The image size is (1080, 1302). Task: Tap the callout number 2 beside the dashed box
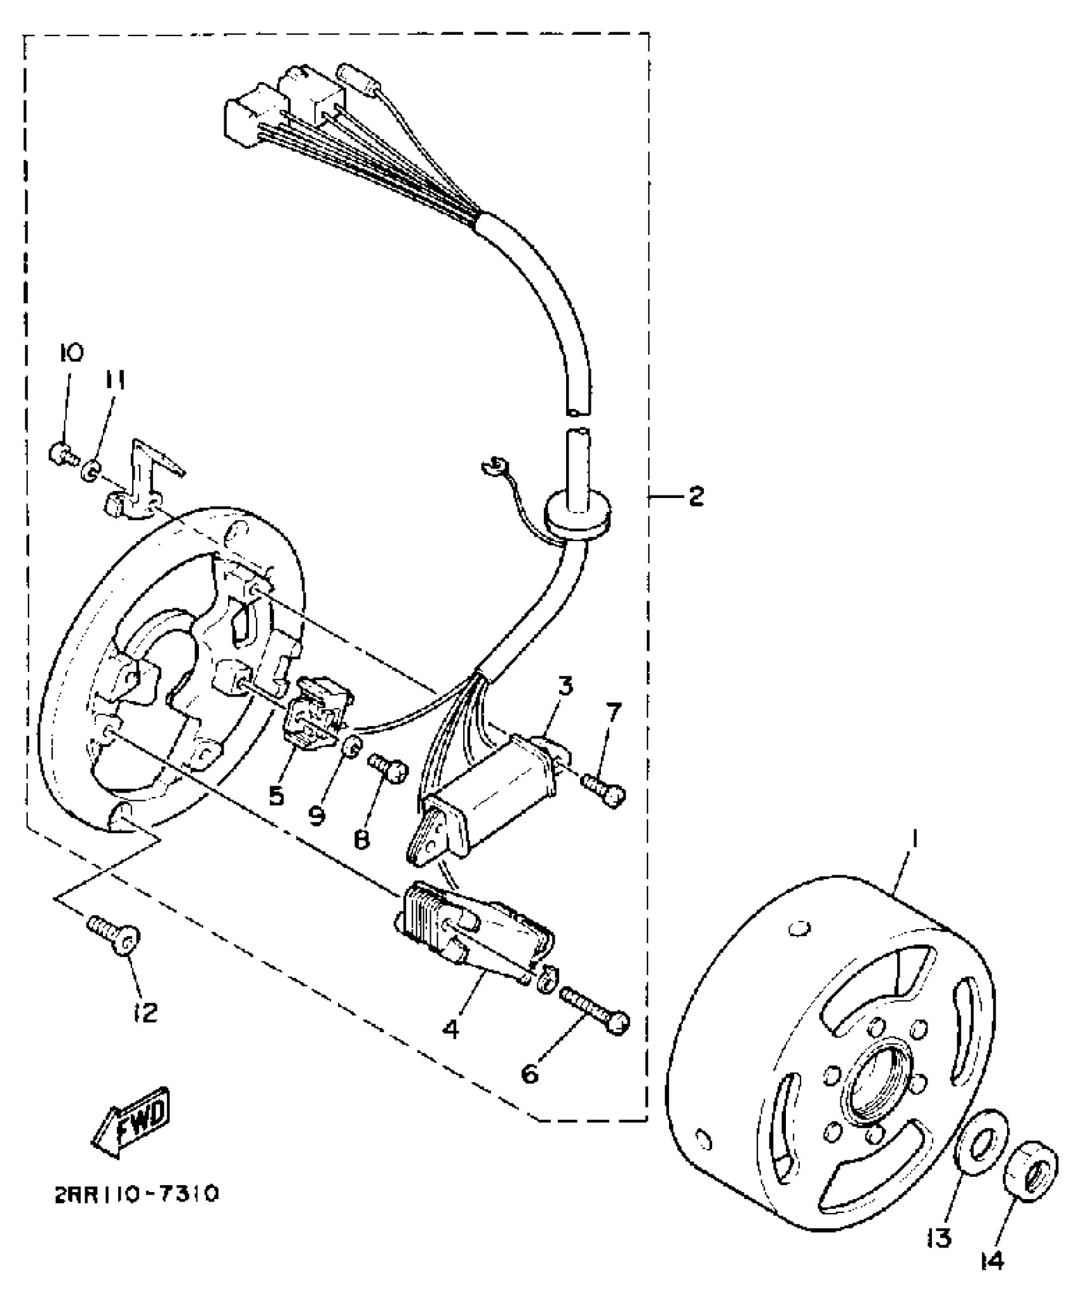(696, 496)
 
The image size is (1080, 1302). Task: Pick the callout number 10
(72, 353)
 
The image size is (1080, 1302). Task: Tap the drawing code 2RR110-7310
(137, 1195)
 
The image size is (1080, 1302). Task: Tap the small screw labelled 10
(61, 453)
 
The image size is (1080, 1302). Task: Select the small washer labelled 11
(91, 471)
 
